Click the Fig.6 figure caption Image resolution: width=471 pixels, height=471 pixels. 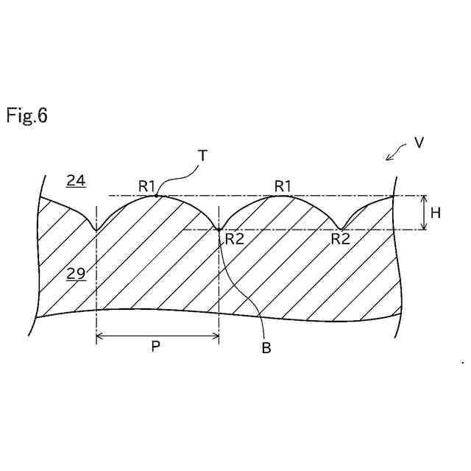27,116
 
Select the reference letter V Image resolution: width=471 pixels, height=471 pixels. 419,143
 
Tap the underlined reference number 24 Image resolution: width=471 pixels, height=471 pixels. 75,180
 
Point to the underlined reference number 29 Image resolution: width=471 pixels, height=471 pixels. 76,274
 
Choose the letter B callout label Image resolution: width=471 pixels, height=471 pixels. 266,348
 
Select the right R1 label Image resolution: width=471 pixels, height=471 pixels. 283,187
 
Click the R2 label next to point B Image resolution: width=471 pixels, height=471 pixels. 235,238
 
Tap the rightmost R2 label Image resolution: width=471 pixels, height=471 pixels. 340,238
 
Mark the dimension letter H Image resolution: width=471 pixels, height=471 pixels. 436,213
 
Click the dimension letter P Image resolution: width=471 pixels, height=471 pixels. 156,347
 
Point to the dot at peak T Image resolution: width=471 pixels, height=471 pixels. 156,195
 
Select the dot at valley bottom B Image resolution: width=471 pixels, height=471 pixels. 219,230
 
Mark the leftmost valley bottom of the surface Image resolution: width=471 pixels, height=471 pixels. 96,230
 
